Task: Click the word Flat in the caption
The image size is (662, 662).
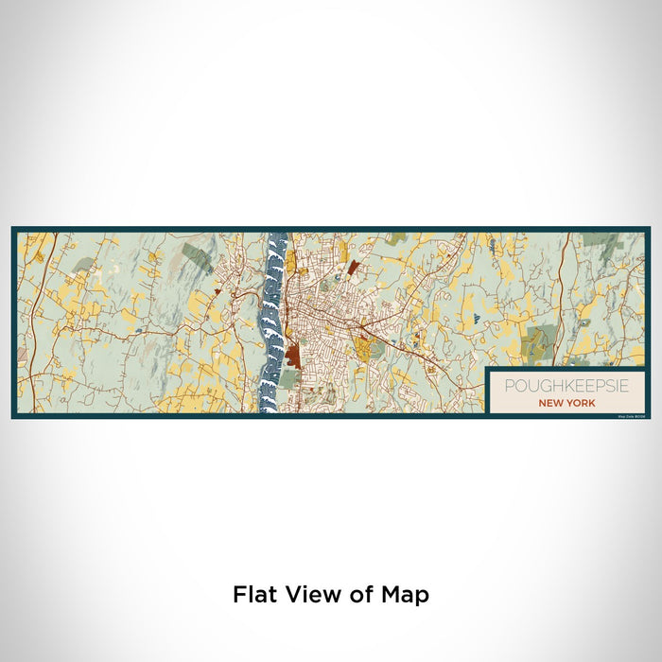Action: point(253,595)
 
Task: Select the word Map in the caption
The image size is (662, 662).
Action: point(406,595)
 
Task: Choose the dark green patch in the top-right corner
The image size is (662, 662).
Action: point(600,240)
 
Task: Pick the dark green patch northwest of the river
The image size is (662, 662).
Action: point(197,256)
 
